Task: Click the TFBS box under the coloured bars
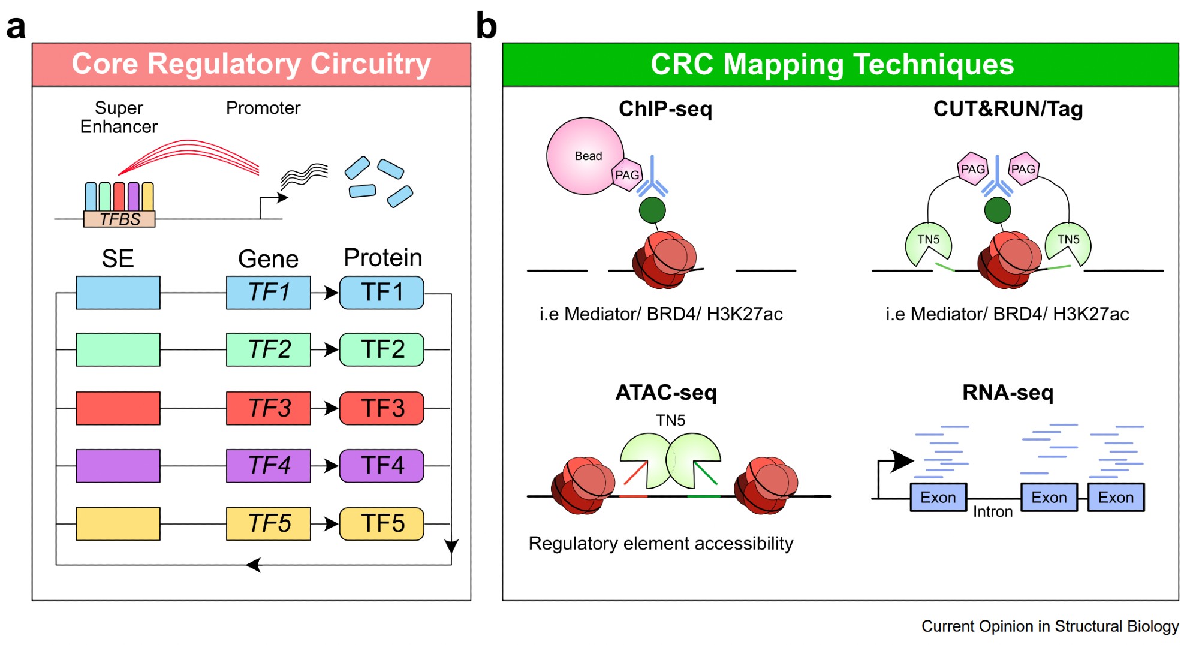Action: tap(119, 219)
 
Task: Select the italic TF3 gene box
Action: tap(269, 408)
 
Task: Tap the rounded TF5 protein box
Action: tap(382, 523)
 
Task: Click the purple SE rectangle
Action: tap(118, 466)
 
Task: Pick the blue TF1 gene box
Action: tap(269, 293)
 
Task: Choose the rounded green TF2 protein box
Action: tap(382, 349)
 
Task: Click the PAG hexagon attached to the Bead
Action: tap(627, 175)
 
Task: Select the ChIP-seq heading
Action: tap(665, 108)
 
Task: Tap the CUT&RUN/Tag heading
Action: tap(1008, 108)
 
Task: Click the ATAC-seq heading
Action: tap(666, 393)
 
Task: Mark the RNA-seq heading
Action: tap(1008, 393)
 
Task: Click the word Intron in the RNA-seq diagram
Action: tap(993, 511)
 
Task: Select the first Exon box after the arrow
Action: tap(938, 497)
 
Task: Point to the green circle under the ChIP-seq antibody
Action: tap(652, 210)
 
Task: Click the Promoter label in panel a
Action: tap(263, 108)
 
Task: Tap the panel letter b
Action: tap(486, 26)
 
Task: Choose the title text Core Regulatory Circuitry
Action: tap(251, 64)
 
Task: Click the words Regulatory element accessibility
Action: tap(661, 543)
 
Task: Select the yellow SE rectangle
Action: tap(118, 524)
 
